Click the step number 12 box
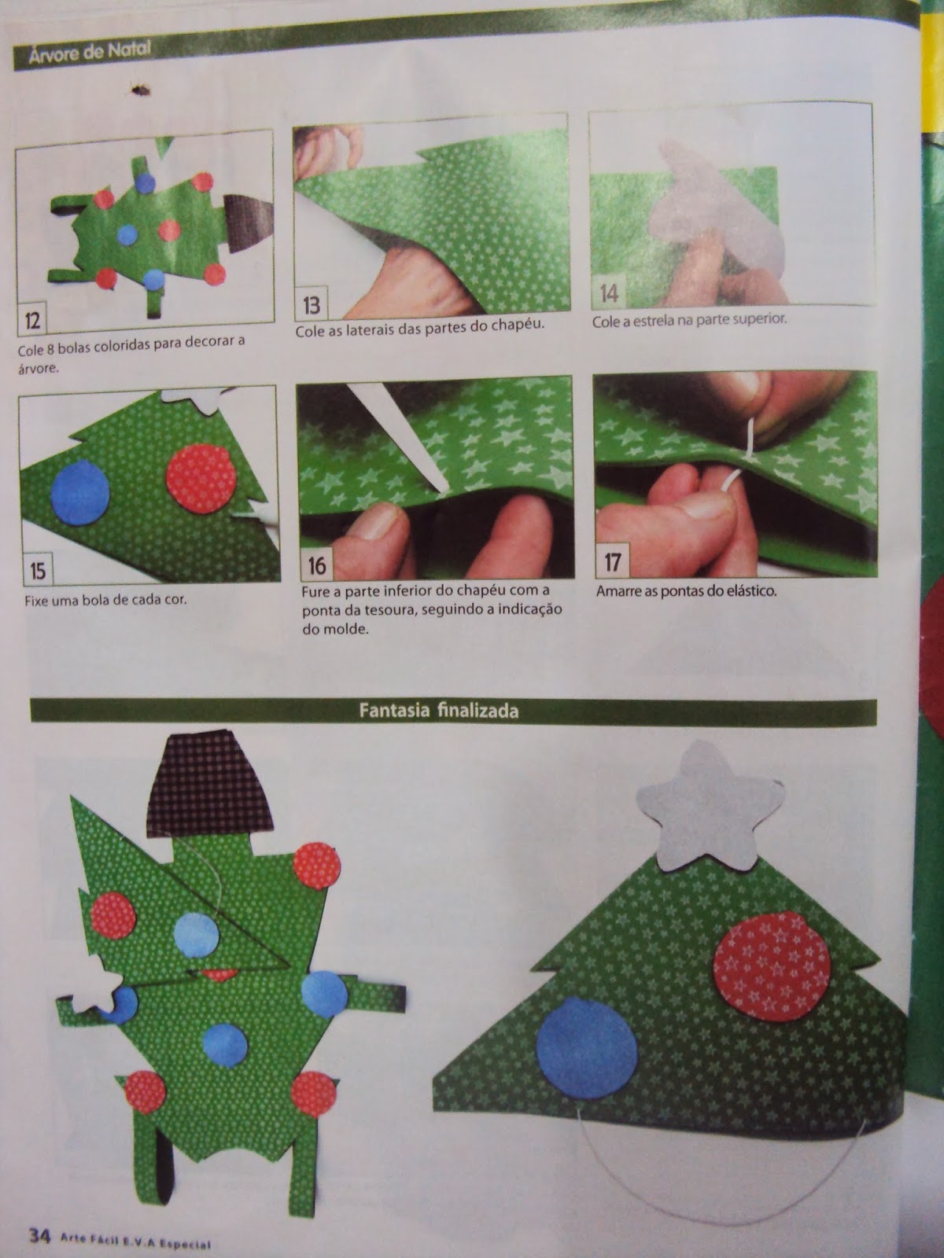coord(32,320)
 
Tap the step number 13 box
coord(311,303)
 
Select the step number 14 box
coord(609,292)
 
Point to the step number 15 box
coord(38,570)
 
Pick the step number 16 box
coord(316,565)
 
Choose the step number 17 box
coord(612,560)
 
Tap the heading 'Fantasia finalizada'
coord(438,711)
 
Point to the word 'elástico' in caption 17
coord(751,590)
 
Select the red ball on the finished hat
coord(772,966)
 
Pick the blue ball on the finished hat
coord(587,1046)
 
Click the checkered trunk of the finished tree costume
coord(209,783)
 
